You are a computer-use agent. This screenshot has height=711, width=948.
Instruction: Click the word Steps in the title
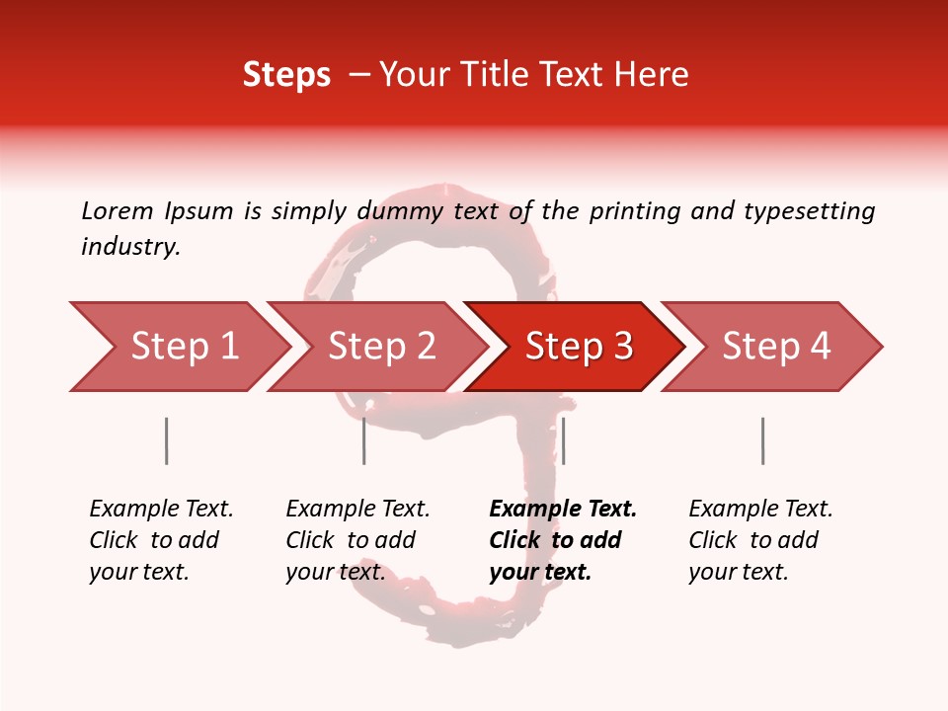[286, 75]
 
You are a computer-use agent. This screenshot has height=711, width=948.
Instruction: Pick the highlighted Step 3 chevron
[579, 347]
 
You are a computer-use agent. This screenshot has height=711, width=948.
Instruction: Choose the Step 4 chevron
[776, 347]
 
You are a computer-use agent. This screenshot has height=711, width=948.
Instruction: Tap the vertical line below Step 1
[166, 440]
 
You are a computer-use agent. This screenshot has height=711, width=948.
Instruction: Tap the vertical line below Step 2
[363, 440]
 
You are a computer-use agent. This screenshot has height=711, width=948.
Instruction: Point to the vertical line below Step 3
[563, 440]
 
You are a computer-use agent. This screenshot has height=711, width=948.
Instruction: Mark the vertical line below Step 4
[762, 440]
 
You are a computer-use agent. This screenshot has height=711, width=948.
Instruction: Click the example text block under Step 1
[161, 540]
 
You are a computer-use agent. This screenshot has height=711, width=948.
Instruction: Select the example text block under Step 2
[357, 540]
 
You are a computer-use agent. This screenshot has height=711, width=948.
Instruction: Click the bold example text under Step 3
[563, 540]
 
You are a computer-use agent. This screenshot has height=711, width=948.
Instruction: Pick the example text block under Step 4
[760, 540]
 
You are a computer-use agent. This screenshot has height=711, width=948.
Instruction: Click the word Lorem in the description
[118, 210]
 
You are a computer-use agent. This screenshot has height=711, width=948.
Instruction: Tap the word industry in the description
[129, 247]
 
